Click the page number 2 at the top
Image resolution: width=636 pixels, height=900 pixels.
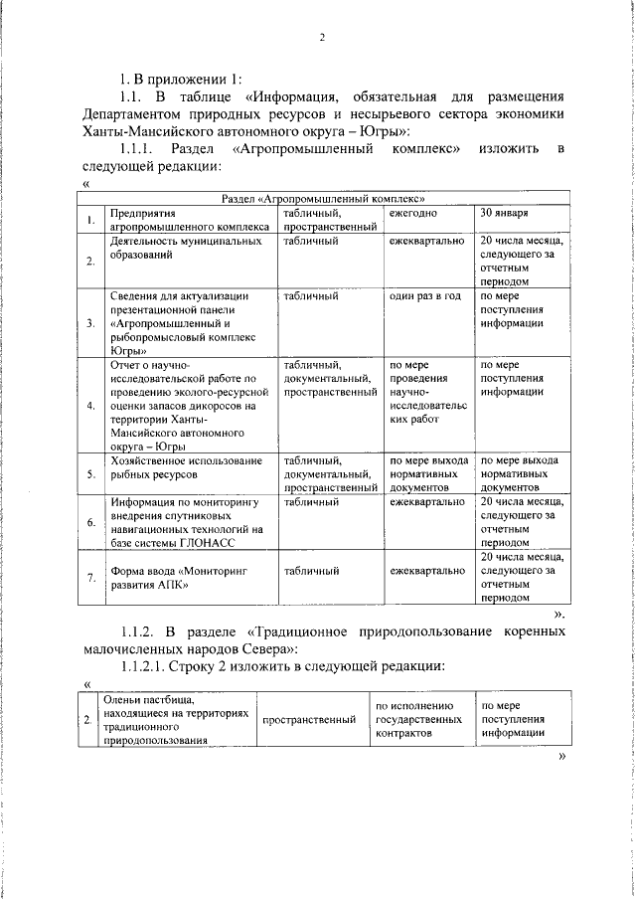[323, 39]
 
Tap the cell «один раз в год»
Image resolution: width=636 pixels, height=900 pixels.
[425, 296]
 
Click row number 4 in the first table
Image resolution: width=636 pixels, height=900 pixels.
[90, 406]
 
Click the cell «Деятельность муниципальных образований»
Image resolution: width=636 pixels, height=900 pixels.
[180, 248]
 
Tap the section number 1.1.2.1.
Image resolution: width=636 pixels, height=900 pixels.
[146, 666]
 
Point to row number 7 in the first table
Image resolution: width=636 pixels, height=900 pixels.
[90, 578]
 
